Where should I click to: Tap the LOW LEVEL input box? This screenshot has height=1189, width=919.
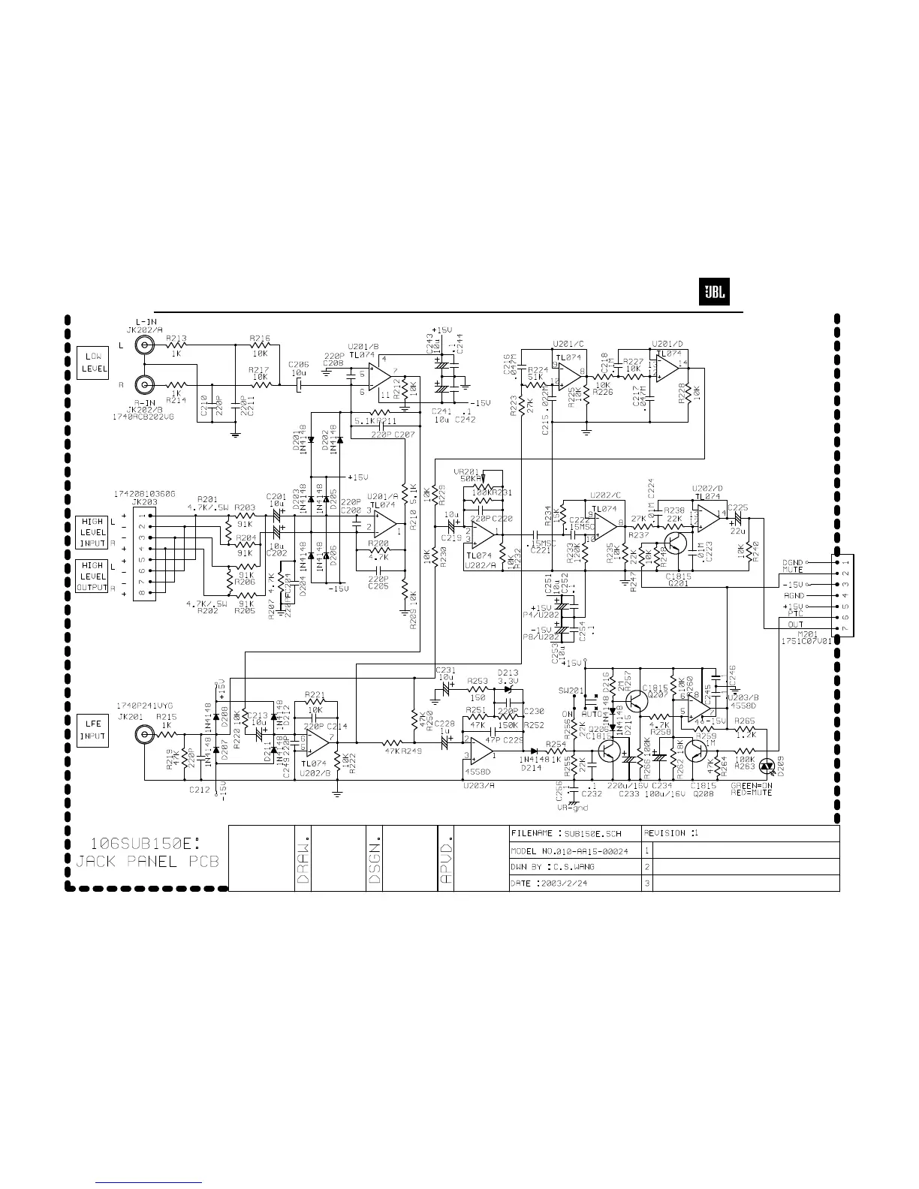(92, 363)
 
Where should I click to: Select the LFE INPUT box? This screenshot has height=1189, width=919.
(92, 730)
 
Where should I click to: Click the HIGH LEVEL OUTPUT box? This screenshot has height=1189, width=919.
(92, 576)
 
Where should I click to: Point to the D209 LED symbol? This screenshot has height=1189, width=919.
(767, 766)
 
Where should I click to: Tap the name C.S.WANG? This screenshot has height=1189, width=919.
(574, 867)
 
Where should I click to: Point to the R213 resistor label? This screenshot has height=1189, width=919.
(176, 338)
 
